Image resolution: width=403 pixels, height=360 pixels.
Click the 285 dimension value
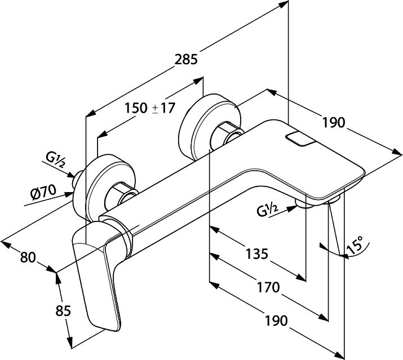(186, 59)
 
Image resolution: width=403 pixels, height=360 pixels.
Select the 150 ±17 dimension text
(150, 108)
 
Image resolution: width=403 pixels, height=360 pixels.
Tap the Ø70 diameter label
(43, 192)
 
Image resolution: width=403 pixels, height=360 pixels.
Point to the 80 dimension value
(28, 257)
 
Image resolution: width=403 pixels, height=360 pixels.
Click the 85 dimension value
(63, 311)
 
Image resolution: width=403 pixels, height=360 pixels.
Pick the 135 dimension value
(257, 254)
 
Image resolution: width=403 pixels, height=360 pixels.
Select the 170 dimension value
(268, 287)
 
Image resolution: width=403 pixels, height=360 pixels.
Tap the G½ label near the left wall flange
(55, 160)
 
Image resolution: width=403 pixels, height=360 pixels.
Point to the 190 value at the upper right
(334, 122)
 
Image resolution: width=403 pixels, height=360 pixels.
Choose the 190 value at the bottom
(276, 321)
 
